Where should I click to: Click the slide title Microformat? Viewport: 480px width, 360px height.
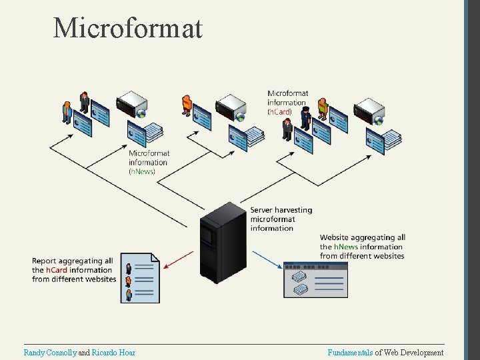pyautogui.click(x=127, y=28)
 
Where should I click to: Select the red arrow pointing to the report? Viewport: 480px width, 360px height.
pyautogui.click(x=178, y=259)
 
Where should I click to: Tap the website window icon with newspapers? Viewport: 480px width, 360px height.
pyautogui.click(x=315, y=279)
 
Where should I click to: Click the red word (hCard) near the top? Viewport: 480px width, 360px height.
pyautogui.click(x=279, y=112)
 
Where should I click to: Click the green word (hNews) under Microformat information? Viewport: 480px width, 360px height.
pyautogui.click(x=141, y=171)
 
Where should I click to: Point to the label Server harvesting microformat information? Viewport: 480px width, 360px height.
pyautogui.click(x=281, y=219)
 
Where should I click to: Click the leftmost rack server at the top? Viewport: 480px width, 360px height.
pyautogui.click(x=131, y=104)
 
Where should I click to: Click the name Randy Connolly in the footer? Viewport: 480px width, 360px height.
pyautogui.click(x=50, y=352)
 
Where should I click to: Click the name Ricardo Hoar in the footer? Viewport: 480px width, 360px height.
pyautogui.click(x=113, y=352)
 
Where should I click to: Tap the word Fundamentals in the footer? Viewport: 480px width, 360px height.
pyautogui.click(x=350, y=352)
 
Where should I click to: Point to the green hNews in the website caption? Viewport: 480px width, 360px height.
pyautogui.click(x=345, y=247)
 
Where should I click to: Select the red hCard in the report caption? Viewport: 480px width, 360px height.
pyautogui.click(x=55, y=270)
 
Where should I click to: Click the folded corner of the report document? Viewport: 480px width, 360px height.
pyautogui.click(x=155, y=257)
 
